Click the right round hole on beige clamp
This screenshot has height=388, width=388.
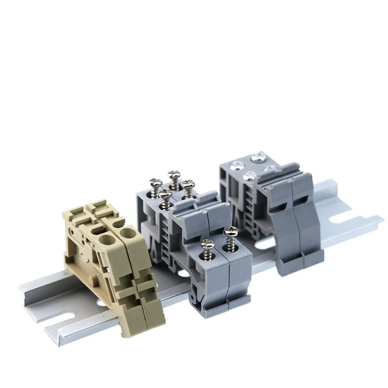[126, 233]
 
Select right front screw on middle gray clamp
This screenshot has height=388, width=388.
[231, 233]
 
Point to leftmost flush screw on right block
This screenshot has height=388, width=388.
[235, 166]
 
